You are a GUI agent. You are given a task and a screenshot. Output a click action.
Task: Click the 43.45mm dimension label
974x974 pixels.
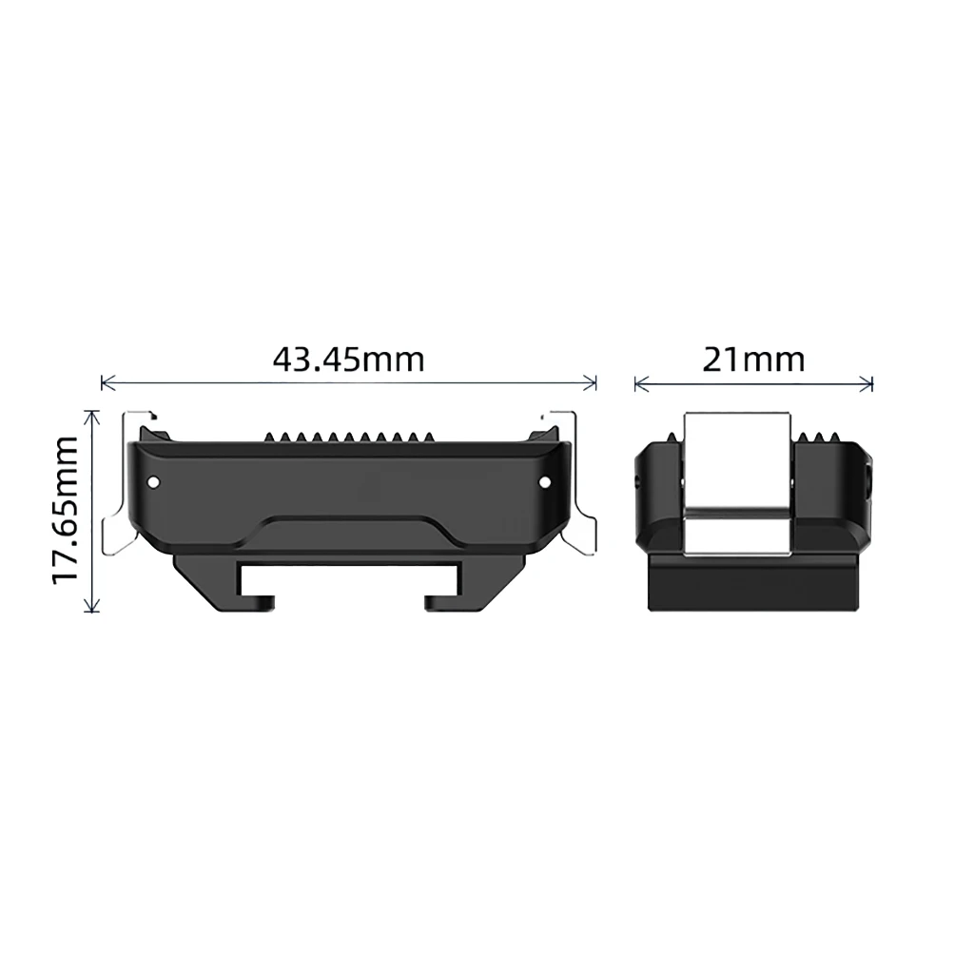(x=348, y=359)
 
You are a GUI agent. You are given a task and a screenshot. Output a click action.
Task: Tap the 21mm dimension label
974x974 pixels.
(x=753, y=360)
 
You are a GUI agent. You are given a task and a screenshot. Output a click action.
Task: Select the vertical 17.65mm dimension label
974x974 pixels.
(x=66, y=510)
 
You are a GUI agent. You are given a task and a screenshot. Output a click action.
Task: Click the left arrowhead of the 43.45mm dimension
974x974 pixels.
(x=107, y=383)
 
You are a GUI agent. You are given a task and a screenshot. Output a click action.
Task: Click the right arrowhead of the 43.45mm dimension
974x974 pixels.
(x=590, y=383)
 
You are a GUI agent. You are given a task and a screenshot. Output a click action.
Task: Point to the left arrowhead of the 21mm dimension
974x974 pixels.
(x=641, y=384)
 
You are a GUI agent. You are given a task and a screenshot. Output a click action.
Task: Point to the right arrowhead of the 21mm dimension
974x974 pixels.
(x=866, y=384)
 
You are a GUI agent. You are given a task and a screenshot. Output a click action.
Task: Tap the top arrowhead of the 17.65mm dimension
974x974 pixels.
(x=92, y=417)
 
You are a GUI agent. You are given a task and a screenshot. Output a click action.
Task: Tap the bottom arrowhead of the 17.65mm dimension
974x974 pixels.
(x=92, y=606)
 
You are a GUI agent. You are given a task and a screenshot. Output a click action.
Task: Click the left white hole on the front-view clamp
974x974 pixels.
(x=153, y=482)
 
